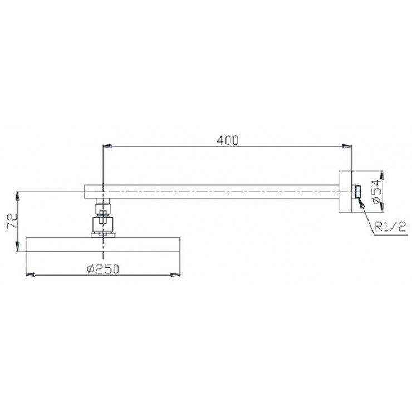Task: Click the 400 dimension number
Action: pyautogui.click(x=228, y=141)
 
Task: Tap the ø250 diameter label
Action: pyautogui.click(x=104, y=268)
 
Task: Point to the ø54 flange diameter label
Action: pyautogui.click(x=377, y=191)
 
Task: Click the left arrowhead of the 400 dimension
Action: pyautogui.click(x=108, y=146)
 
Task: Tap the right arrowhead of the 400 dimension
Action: pyautogui.click(x=347, y=146)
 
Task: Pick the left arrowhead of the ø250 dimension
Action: pyautogui.click(x=32, y=274)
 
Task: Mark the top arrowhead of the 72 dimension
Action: pyautogui.click(x=18, y=195)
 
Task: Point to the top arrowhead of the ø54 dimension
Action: pyautogui.click(x=382, y=173)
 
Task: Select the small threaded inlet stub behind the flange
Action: pyautogui.click(x=356, y=192)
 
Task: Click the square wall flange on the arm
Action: pyautogui.click(x=346, y=192)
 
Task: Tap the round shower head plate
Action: pyautogui.click(x=103, y=244)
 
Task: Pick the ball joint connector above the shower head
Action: pyautogui.click(x=102, y=222)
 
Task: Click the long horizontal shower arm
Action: pyautogui.click(x=223, y=192)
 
